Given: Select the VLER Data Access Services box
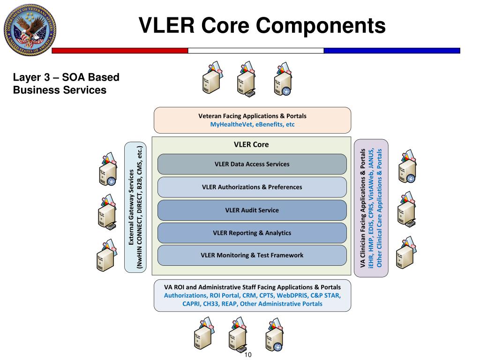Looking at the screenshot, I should click(x=252, y=164).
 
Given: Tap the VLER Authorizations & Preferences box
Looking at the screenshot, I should click(x=252, y=187).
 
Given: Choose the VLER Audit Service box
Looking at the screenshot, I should click(x=252, y=210).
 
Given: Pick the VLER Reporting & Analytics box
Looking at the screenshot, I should click(x=252, y=233).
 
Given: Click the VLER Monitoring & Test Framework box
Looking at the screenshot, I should click(x=252, y=255).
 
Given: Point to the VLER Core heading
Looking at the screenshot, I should click(x=251, y=144).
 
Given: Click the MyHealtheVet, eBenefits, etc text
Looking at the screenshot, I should click(x=252, y=124).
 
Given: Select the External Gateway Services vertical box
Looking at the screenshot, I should click(x=135, y=208).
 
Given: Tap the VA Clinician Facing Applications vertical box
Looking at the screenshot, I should click(x=371, y=208).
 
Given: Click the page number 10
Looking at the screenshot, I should click(x=248, y=355).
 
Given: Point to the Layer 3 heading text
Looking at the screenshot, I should click(x=66, y=83).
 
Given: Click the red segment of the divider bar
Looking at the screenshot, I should click(x=120, y=51).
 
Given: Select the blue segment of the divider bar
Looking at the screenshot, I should click(x=392, y=51).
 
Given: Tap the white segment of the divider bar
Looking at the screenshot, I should click(x=256, y=51).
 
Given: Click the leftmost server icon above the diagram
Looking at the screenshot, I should click(x=212, y=78).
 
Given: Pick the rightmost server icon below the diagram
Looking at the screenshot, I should click(x=274, y=334).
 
